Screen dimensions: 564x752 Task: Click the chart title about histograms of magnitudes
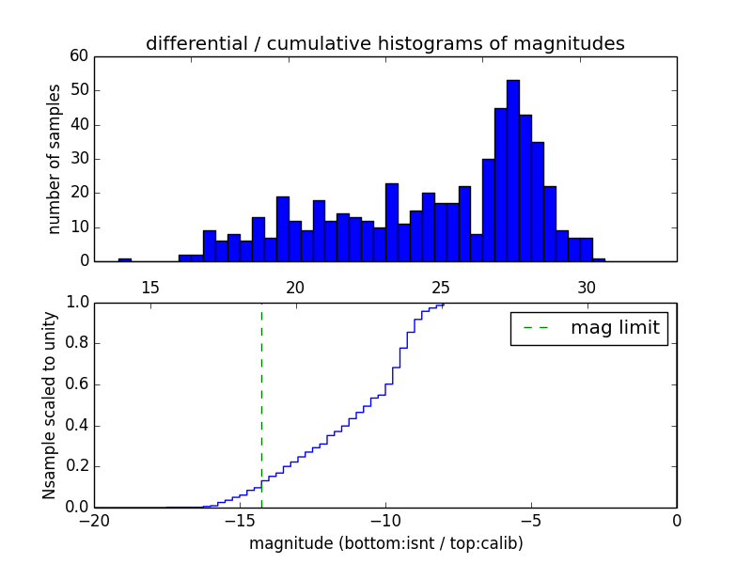[x=384, y=43]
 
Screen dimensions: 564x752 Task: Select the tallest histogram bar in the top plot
[x=512, y=170]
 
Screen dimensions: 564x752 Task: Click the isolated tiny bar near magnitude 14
[x=125, y=259]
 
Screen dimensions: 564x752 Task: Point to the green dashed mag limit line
[x=261, y=404]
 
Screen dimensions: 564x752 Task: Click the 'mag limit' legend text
[x=615, y=328]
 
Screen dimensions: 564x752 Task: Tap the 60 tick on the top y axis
[x=79, y=56]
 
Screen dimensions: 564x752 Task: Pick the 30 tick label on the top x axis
[x=587, y=286]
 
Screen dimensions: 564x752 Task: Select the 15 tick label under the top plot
[x=150, y=286]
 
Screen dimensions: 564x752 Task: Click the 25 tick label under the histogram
[x=441, y=286]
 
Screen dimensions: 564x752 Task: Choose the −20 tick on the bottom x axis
[x=94, y=520]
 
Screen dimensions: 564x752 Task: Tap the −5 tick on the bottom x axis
[x=531, y=520]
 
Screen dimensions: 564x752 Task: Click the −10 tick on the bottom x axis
[x=385, y=520]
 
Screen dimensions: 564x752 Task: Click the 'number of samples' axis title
[x=55, y=159]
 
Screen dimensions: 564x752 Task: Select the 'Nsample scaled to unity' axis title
[x=49, y=405]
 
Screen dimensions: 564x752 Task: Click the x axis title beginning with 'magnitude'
[x=385, y=543]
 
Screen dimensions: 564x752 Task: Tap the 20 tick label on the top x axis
[x=295, y=286]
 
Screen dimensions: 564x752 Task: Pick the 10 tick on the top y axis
[x=79, y=227]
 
